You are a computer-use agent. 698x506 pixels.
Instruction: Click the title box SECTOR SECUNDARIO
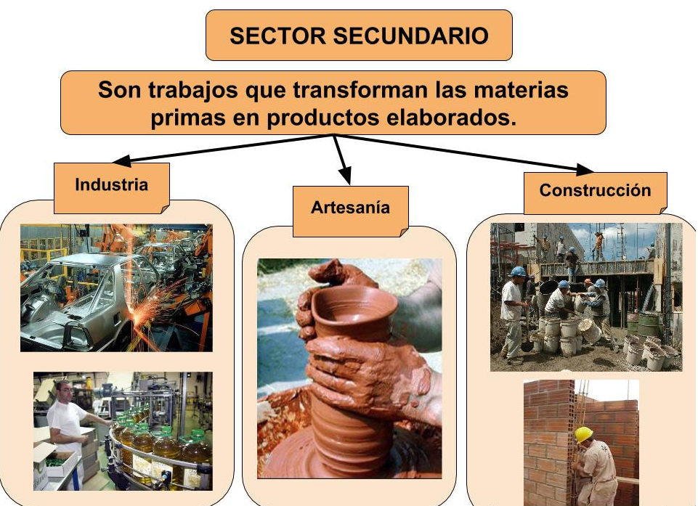(x=359, y=35)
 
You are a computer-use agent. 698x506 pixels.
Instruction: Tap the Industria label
(x=111, y=184)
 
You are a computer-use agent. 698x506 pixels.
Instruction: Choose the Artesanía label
(x=350, y=208)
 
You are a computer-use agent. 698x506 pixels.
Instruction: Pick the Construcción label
(x=595, y=190)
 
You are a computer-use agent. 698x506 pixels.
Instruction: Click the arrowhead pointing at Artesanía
(x=346, y=176)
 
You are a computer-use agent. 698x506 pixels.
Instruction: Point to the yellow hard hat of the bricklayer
(x=583, y=434)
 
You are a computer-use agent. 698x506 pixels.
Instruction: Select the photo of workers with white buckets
(x=586, y=297)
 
